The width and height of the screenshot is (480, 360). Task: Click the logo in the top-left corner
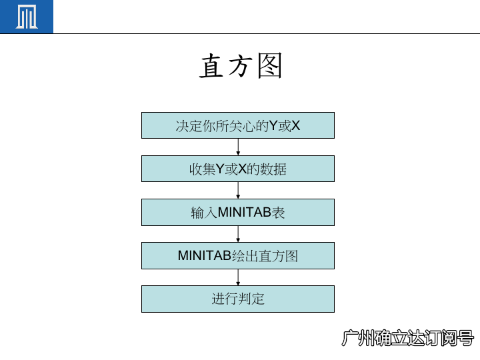(27, 17)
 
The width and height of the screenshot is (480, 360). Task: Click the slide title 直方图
(241, 67)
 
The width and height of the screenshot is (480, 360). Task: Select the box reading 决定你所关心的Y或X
(238, 125)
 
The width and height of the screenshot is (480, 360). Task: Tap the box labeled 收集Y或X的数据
(238, 169)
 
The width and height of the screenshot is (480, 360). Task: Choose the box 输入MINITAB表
(238, 213)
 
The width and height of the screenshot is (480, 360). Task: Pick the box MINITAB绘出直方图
(238, 256)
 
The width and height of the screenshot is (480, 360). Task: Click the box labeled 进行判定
(238, 299)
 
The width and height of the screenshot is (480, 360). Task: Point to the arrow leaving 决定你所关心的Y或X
(238, 147)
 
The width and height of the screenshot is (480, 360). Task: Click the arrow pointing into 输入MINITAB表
(238, 190)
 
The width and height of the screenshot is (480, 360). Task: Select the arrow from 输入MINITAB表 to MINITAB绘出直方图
(238, 234)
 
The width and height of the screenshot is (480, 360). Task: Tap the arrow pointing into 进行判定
(238, 277)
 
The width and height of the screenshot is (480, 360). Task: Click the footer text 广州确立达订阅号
(407, 338)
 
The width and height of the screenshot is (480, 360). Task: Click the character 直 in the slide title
(212, 67)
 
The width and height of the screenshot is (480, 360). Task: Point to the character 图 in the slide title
(270, 67)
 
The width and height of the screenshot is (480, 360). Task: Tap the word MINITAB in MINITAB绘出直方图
(204, 256)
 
